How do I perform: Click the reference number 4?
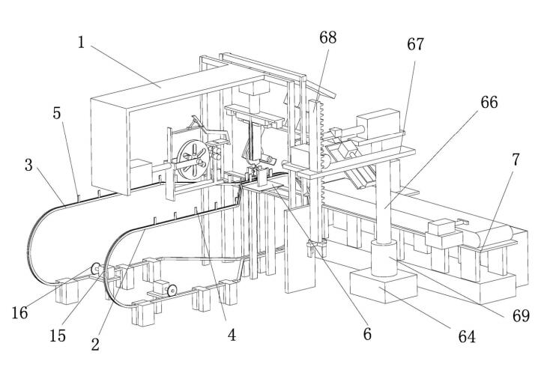tap(232, 336)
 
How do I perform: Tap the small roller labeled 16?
tap(97, 267)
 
